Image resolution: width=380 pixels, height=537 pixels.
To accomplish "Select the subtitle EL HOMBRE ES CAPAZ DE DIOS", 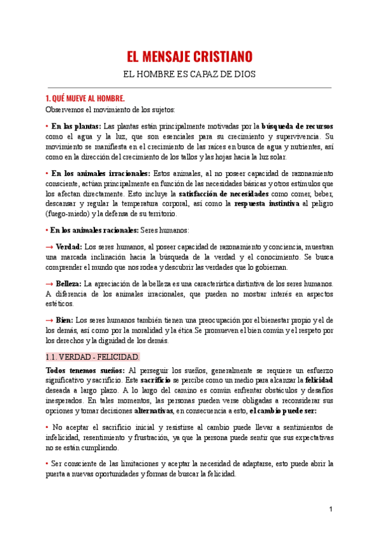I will point(189,74).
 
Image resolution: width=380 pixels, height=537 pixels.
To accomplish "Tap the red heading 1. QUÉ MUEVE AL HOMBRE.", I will point(85,99).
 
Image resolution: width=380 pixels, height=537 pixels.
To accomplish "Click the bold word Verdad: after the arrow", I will point(68,246).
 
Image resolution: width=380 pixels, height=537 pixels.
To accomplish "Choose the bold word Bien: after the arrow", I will point(65,320).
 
